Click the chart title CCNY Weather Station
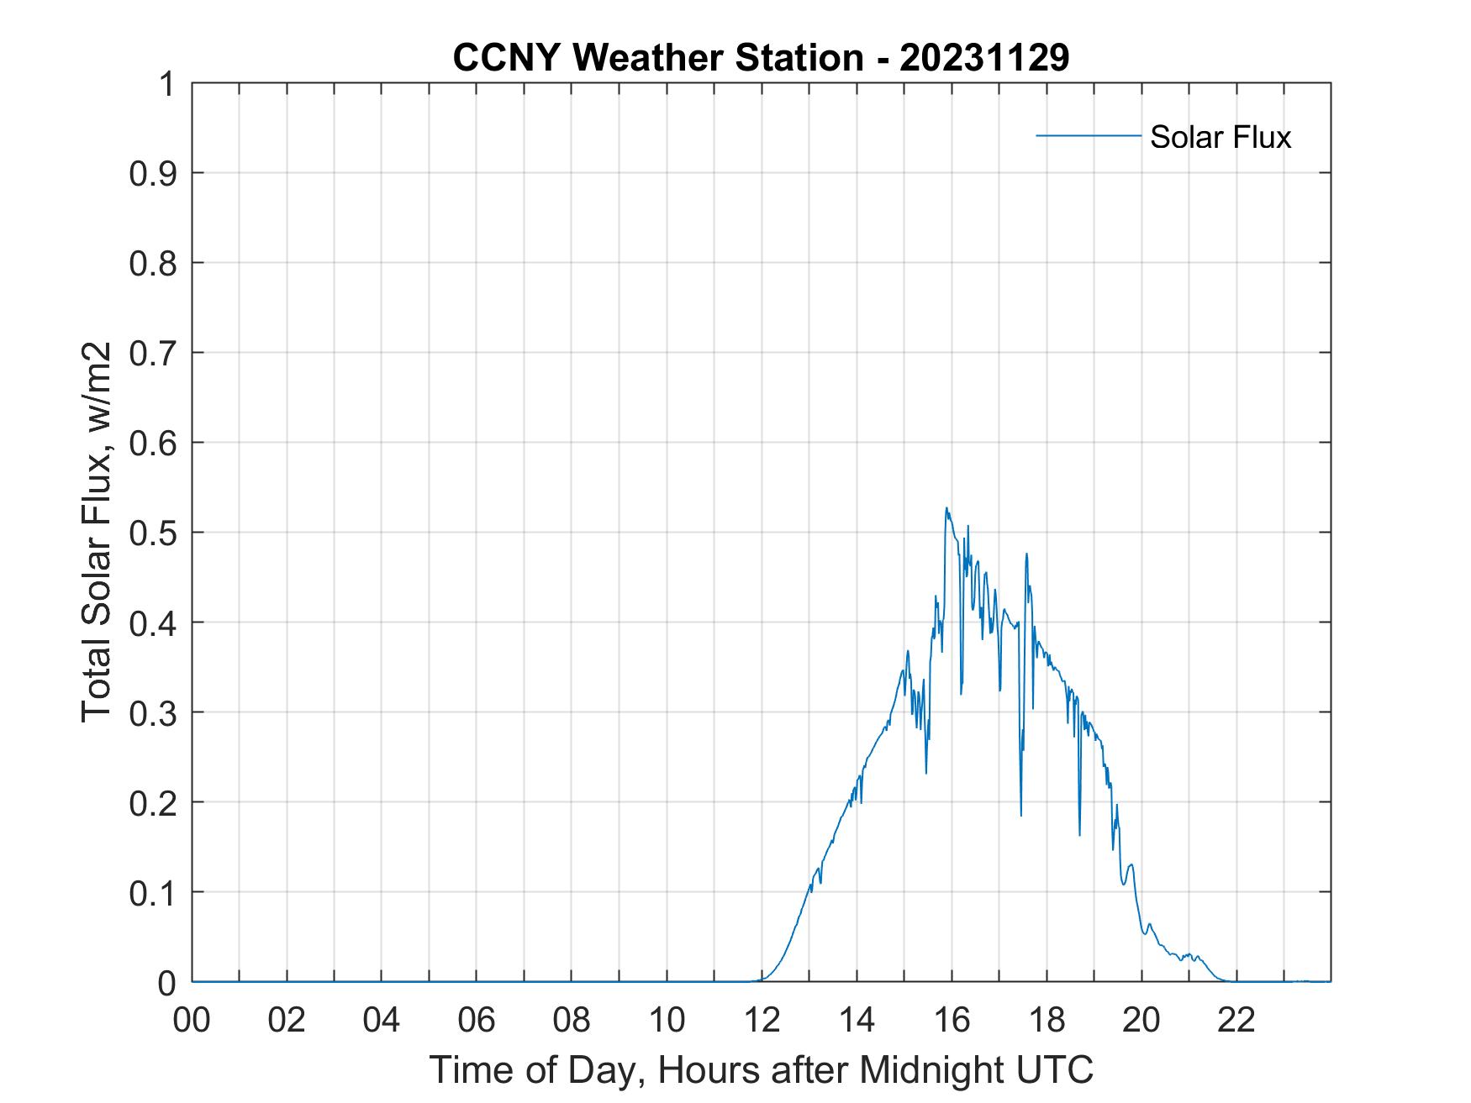657,59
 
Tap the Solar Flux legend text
1220,137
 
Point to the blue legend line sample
1088,135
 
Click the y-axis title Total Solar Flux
98,532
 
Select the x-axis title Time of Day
761,1070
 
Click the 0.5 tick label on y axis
154,533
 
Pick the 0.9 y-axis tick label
154,173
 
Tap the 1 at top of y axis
168,84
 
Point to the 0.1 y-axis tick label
154,892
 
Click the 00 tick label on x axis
192,1020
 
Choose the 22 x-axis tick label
1236,1020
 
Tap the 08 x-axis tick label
572,1020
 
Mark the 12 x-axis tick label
762,1020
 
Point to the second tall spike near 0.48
1026,554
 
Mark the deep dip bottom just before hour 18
1021,814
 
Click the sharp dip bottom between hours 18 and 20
1080,834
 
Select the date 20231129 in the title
984,59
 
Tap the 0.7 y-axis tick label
154,353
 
